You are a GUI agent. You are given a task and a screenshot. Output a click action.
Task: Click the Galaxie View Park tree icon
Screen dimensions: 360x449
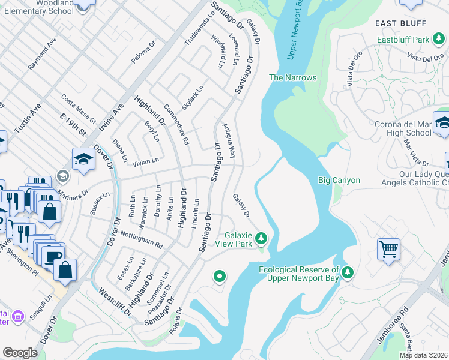261,239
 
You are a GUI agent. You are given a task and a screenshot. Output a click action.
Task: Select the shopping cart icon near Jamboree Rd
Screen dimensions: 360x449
388,249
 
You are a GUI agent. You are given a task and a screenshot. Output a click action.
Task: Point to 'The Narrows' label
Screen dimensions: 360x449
292,77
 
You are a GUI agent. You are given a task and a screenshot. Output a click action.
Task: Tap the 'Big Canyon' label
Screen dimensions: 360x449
339,180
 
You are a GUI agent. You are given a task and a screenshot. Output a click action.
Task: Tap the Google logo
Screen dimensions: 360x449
20,353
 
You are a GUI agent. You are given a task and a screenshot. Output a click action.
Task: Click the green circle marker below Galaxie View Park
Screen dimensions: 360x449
220,276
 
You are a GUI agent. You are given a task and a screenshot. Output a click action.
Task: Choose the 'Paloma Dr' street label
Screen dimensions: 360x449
143,52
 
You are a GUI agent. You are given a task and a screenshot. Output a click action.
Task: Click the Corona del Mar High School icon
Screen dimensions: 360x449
442,123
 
